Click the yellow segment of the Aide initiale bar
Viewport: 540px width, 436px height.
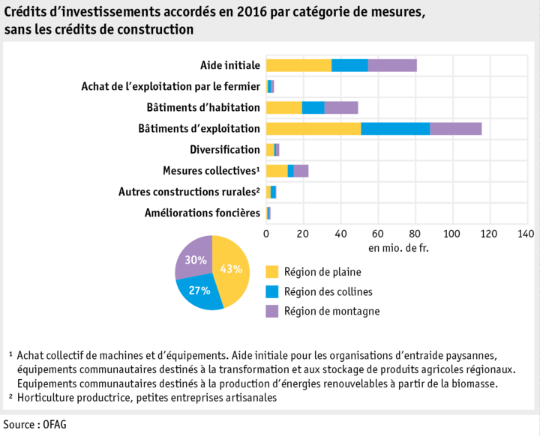(x=298, y=65)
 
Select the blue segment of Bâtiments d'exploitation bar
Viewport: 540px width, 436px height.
(x=395, y=128)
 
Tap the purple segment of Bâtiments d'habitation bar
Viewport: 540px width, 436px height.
(x=340, y=107)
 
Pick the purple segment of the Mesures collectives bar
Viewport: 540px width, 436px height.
(x=301, y=171)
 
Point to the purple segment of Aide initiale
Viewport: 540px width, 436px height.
(x=391, y=65)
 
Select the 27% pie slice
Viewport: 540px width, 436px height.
(x=199, y=292)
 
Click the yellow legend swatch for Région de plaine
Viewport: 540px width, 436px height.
(x=271, y=271)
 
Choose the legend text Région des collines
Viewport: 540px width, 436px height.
(x=328, y=291)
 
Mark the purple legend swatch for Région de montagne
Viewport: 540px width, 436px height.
(x=271, y=311)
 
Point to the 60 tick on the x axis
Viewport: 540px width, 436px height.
(x=377, y=234)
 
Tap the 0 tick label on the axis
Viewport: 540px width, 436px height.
(x=266, y=234)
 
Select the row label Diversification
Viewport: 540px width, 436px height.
(x=225, y=150)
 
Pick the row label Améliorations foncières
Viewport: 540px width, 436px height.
(x=202, y=214)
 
